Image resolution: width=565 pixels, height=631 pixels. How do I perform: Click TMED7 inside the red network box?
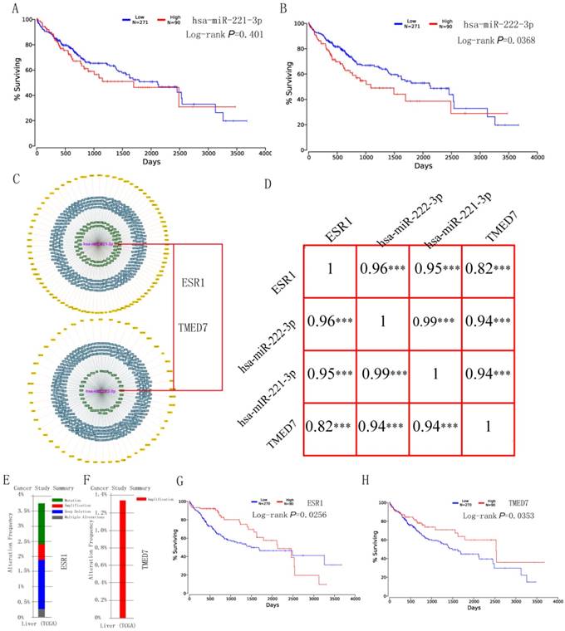coord(196,326)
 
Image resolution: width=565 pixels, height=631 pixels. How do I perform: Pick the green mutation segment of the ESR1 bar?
coord(41,523)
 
